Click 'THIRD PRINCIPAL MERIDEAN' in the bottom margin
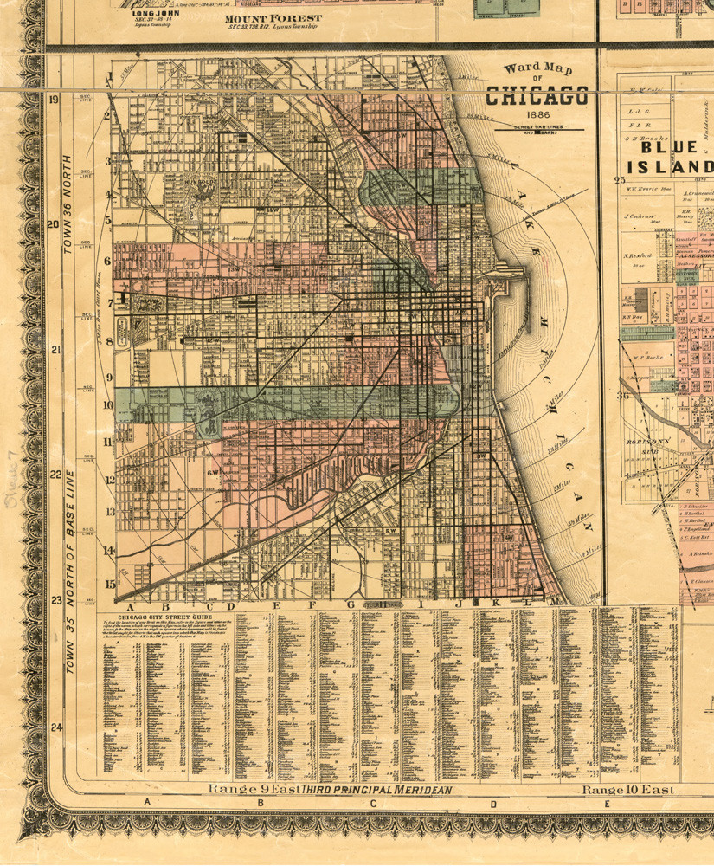coord(363,790)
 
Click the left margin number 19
coord(54,100)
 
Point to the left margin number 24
coord(55,727)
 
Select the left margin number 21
coord(55,351)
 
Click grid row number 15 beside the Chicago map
coord(110,584)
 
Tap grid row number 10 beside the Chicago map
coord(109,404)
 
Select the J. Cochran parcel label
coord(639,216)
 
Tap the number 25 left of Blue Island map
coord(619,180)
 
